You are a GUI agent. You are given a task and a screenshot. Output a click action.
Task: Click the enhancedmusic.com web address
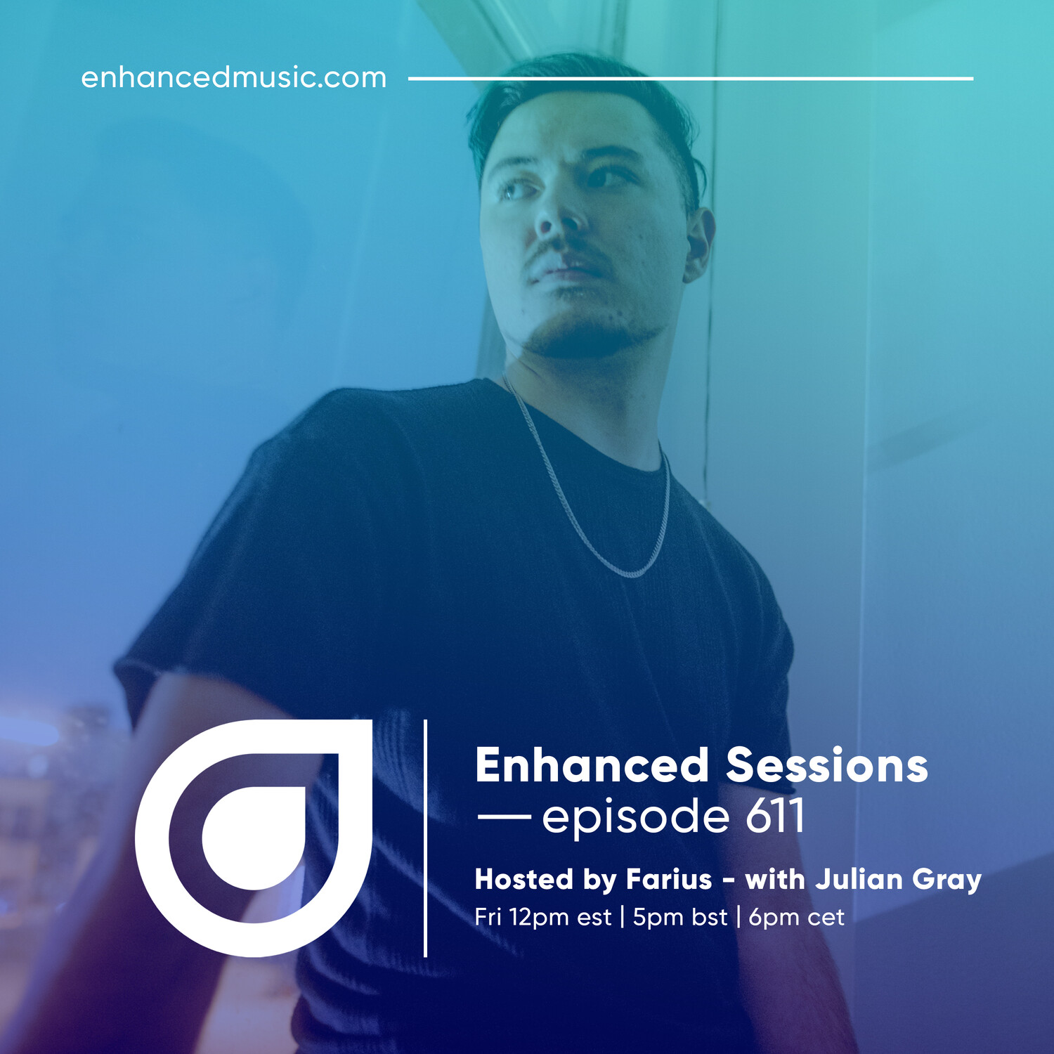tap(233, 77)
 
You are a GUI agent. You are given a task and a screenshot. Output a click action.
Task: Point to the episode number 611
tap(775, 816)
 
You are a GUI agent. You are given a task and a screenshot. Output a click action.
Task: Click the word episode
tap(636, 819)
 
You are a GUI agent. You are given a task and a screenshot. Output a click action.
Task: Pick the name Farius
tap(669, 880)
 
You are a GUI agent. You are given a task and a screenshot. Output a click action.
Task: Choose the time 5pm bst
tap(679, 918)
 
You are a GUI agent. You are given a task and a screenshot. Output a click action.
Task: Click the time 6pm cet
tap(796, 918)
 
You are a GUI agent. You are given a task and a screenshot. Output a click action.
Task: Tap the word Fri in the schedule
tap(488, 917)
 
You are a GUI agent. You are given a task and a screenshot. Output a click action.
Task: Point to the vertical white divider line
tap(425, 838)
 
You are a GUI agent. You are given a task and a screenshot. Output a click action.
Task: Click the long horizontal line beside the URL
tap(691, 79)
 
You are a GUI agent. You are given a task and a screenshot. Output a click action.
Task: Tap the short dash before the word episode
tap(504, 816)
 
